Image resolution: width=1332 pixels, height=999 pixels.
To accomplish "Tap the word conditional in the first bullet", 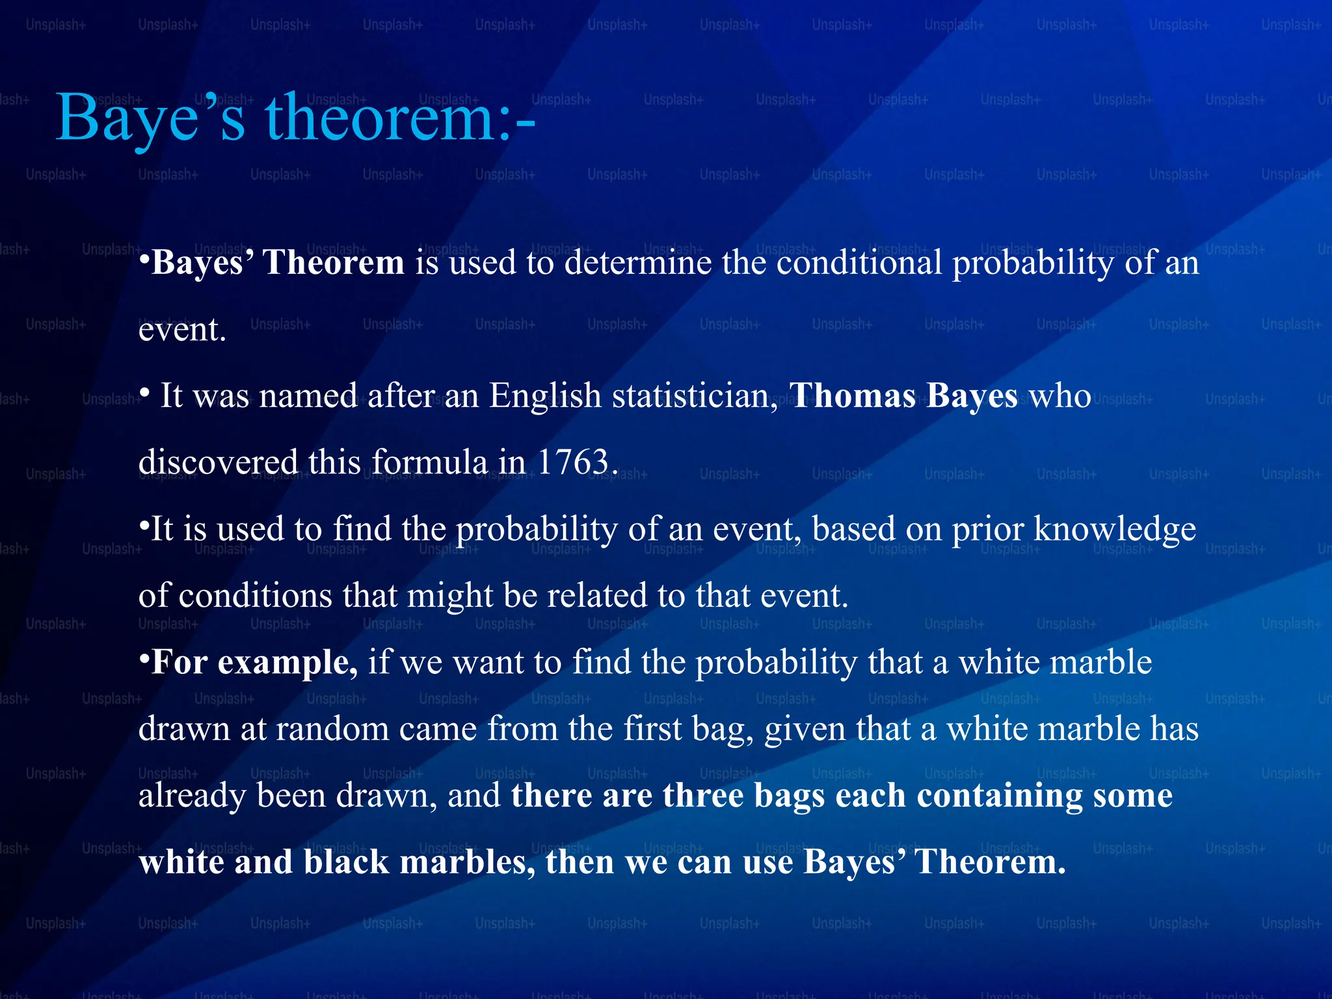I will tap(859, 263).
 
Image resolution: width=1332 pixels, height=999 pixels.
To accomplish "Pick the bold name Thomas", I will tap(853, 396).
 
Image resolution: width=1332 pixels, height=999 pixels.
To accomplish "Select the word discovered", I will tap(218, 462).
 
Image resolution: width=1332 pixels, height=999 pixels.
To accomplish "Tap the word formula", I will tap(429, 462).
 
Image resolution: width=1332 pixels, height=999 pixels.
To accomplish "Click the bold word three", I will tap(703, 795).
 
